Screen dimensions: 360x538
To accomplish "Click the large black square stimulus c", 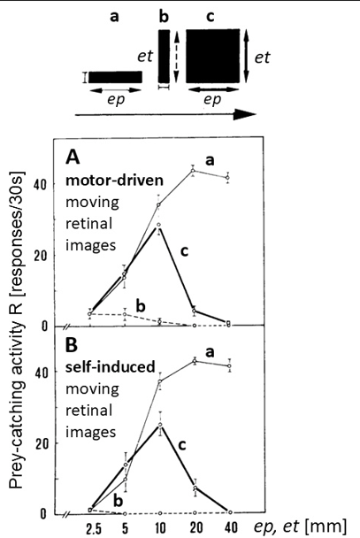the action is [x=213, y=56].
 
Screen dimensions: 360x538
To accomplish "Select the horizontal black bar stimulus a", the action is [x=115, y=77].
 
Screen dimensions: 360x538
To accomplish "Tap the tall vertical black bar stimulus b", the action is [x=164, y=56].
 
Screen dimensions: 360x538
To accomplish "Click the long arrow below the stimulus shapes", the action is [x=165, y=114].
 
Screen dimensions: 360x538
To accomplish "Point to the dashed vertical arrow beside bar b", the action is [x=177, y=57].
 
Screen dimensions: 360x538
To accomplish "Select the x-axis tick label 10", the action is [x=160, y=527].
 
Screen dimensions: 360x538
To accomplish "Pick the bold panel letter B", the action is [x=72, y=345].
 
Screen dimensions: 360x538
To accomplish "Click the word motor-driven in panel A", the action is [x=114, y=181].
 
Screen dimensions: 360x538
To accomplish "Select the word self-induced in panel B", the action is [x=111, y=367].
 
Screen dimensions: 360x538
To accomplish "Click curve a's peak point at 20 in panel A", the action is [x=193, y=171].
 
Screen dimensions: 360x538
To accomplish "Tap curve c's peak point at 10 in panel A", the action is [x=158, y=225].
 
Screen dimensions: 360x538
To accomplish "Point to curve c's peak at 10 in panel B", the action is [x=160, y=425].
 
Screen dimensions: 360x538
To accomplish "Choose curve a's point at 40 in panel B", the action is [x=229, y=366].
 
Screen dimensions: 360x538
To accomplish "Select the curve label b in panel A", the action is [x=141, y=306].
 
